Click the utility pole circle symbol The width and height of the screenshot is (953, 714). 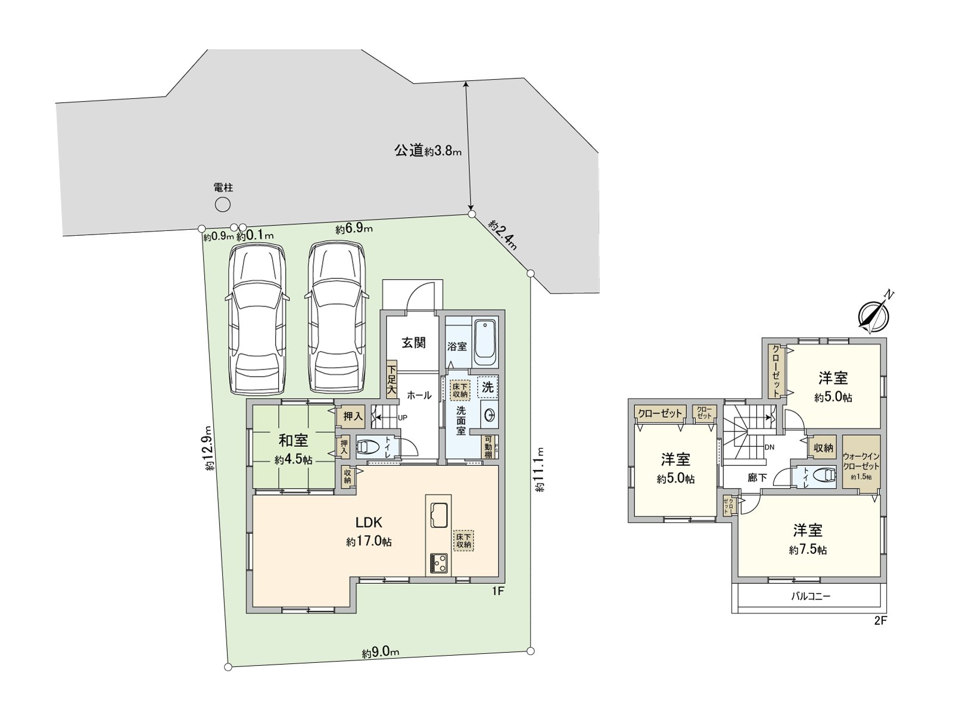pos(223,205)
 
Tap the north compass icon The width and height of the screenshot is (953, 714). pos(874,313)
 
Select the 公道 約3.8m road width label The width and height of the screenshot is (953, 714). pos(428,150)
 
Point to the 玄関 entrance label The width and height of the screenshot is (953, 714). pos(413,343)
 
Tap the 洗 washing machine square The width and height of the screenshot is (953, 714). pos(488,387)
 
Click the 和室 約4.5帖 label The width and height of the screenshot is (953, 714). pos(294,449)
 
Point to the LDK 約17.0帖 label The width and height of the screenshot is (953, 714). pos(369,531)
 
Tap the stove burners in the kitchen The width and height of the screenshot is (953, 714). pos(439,562)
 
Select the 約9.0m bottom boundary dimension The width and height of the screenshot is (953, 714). pos(380,652)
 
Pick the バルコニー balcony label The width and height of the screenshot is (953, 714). pos(810,596)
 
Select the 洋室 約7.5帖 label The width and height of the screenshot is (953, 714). pos(808,538)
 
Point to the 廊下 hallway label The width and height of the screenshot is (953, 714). pos(757,478)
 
